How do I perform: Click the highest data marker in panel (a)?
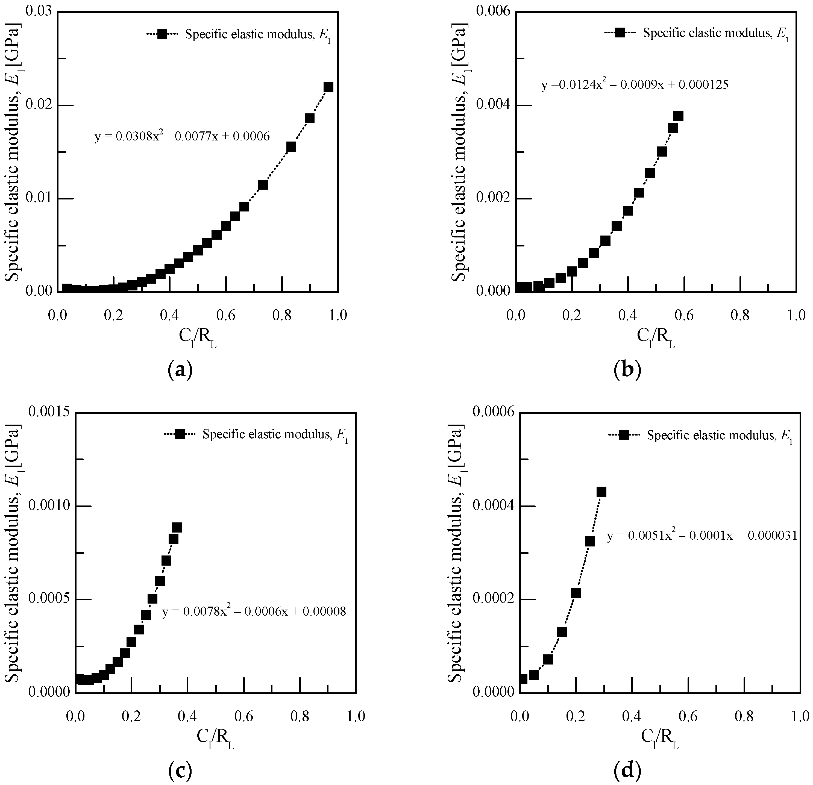328,87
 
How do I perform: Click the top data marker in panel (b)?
678,116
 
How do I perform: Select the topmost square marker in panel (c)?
177,528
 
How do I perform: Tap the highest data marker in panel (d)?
601,492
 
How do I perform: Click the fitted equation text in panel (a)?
182,136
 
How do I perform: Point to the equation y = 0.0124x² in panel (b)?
635,85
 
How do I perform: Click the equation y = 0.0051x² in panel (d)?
702,536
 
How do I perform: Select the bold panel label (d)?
627,770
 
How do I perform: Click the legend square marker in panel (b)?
620,33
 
